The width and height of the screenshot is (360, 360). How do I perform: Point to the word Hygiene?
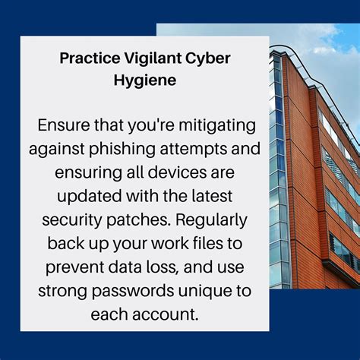144,79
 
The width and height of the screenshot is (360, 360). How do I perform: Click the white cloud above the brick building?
334,38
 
